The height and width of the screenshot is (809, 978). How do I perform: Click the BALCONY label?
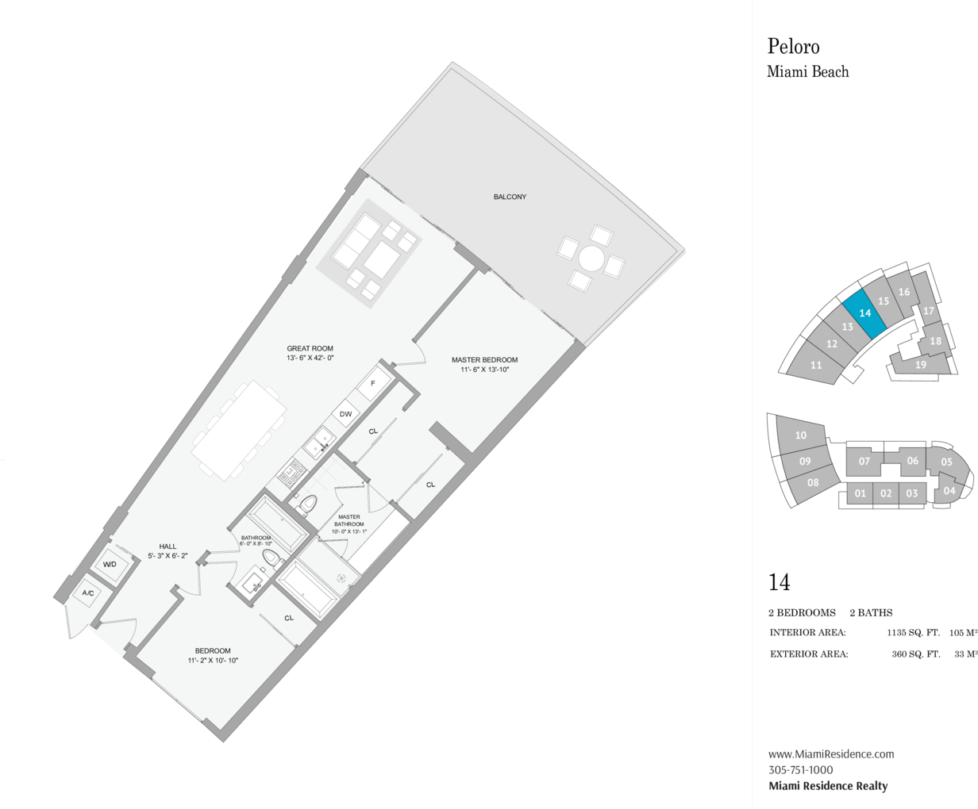pos(510,197)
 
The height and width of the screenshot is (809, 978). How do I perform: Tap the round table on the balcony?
pos(591,259)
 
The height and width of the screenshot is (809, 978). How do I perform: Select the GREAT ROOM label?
pos(310,349)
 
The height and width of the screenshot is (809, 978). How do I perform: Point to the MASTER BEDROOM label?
pos(485,360)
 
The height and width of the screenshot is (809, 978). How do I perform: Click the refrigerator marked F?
pos(373,384)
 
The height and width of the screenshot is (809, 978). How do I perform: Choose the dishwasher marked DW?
pos(345,414)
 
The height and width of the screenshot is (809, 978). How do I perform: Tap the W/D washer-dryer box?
pos(110,564)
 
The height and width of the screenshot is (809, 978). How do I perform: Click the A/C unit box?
pos(88,593)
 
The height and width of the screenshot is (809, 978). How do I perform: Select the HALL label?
pos(167,546)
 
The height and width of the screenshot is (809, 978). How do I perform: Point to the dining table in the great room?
pos(238,431)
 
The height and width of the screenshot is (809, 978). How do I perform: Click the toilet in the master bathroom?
pos(307,504)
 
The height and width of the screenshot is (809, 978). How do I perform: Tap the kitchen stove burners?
pos(291,473)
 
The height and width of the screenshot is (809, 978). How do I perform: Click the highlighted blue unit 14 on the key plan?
pos(864,313)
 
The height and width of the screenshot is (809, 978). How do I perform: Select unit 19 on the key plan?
pos(920,364)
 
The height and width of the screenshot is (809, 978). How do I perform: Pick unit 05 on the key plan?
pos(947,462)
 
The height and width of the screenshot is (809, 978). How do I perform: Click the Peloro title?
pos(794,47)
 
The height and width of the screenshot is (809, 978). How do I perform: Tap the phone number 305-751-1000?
pos(800,769)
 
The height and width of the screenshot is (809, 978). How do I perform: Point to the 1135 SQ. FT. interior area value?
pos(914,633)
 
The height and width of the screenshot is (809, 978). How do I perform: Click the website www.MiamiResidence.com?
pos(831,753)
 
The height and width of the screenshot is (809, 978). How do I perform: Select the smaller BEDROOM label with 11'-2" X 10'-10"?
pos(213,651)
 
